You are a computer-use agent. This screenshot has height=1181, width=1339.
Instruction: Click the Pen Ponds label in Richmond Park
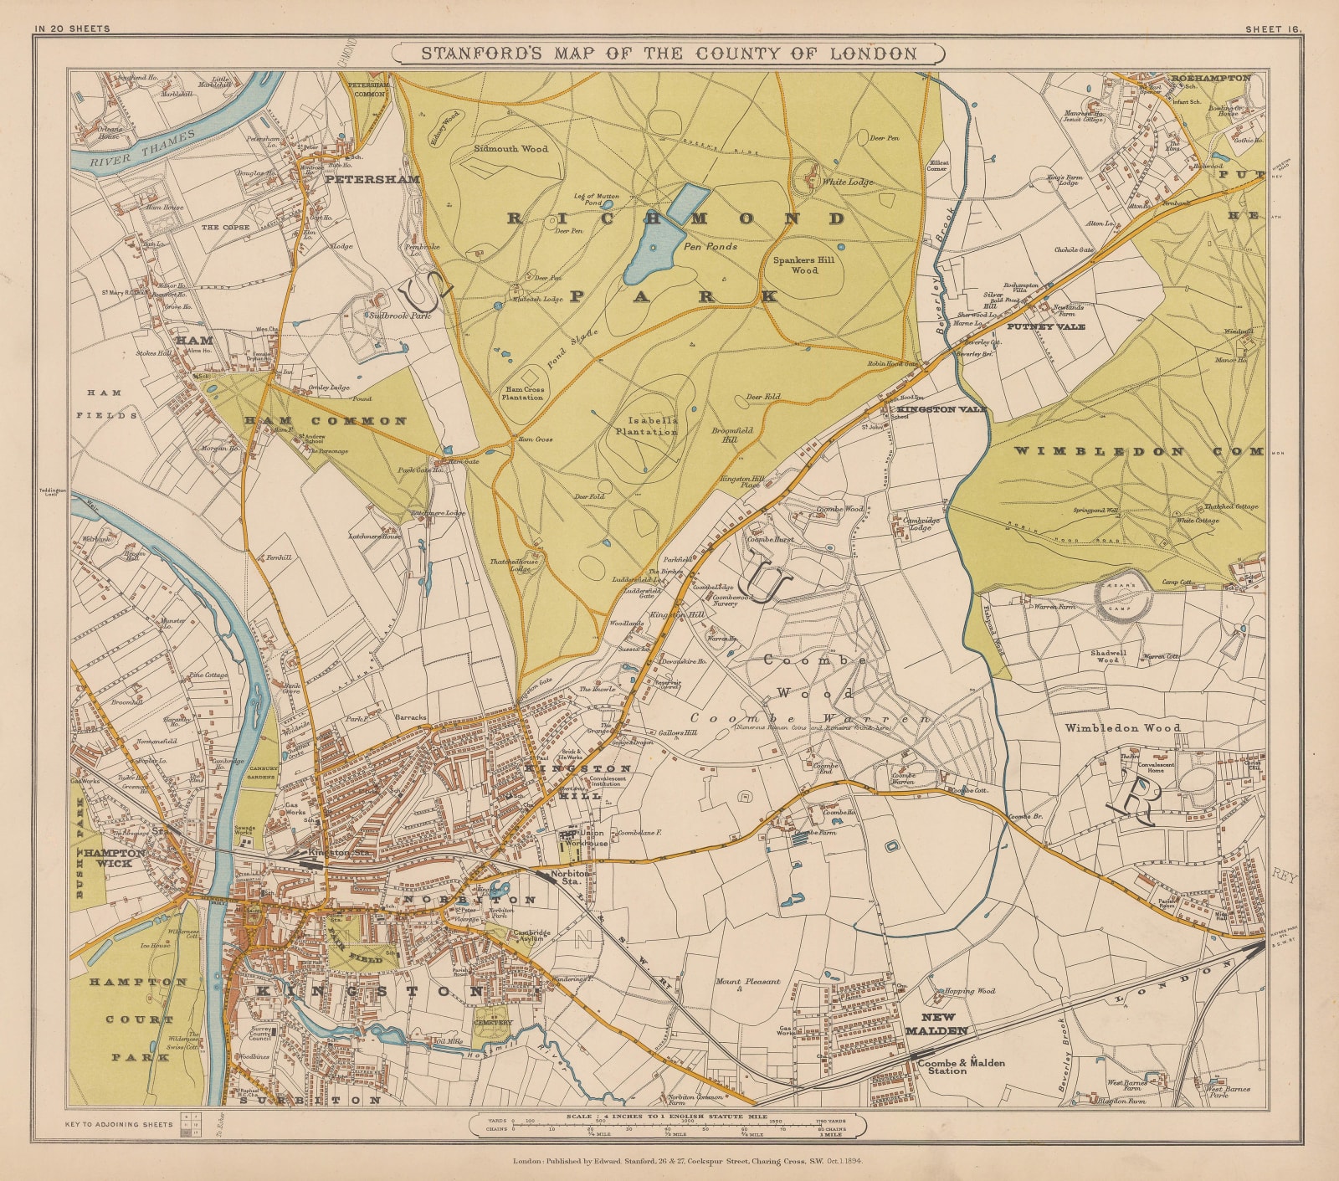711,247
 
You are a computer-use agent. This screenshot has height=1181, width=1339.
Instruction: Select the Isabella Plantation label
646,427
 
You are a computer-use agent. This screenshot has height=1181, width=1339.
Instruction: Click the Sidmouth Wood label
510,149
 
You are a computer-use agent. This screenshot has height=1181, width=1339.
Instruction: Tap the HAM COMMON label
326,421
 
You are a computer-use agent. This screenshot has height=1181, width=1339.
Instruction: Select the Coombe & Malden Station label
960,1066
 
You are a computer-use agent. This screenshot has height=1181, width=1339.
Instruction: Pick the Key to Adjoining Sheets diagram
192,1124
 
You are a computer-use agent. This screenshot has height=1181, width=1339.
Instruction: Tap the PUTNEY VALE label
1045,326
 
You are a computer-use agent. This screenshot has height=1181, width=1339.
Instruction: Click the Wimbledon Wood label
1122,728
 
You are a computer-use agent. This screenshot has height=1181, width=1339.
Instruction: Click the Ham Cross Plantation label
524,393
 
